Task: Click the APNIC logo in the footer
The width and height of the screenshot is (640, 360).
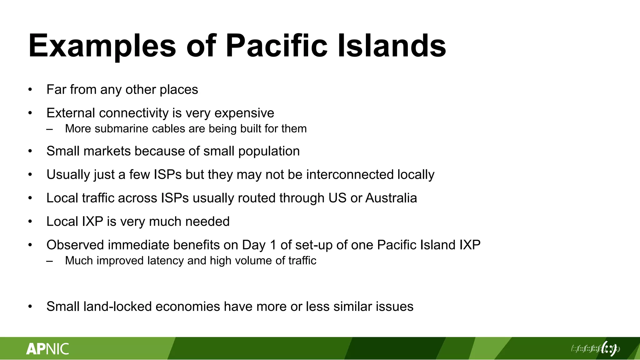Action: tap(47, 349)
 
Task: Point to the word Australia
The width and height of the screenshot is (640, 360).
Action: tap(391, 198)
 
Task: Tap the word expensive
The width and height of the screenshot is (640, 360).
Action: tap(244, 113)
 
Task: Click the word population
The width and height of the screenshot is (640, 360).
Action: tap(269, 152)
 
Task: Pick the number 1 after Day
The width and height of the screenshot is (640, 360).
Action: tap(273, 245)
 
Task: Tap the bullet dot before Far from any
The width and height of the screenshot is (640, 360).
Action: tap(30, 90)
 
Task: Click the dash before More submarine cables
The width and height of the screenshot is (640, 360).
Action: tap(49, 129)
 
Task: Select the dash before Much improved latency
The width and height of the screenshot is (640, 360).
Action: tap(49, 261)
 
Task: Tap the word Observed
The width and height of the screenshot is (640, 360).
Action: tap(75, 245)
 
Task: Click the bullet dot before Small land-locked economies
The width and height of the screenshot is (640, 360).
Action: tap(30, 307)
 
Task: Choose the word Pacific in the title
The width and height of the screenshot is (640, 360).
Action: tap(277, 46)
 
